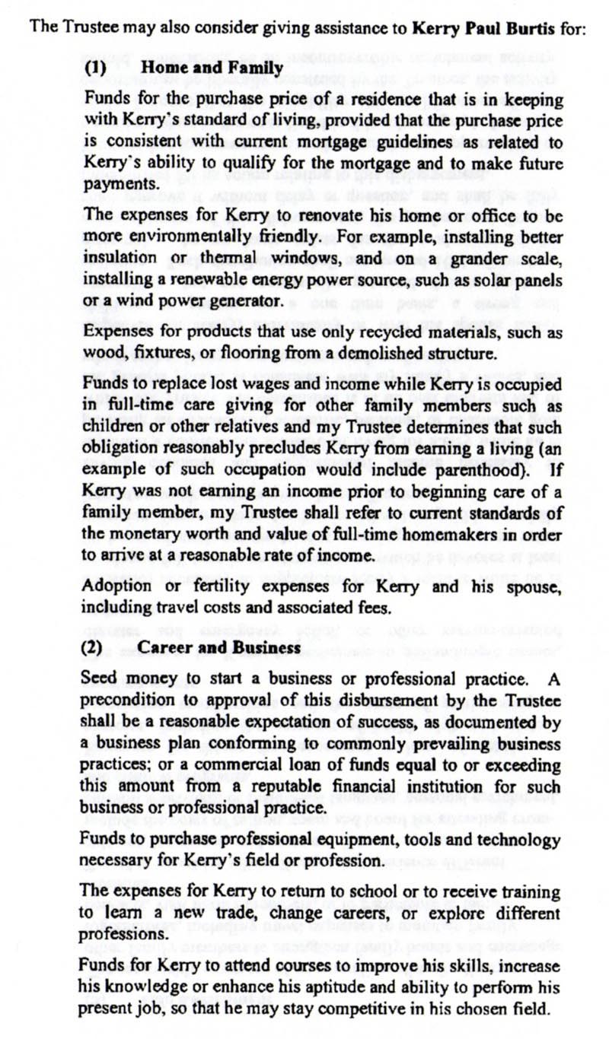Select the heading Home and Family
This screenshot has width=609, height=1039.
click(x=212, y=68)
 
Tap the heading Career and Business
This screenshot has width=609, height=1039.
click(x=220, y=648)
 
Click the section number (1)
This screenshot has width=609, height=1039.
click(x=94, y=68)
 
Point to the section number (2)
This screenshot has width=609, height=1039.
click(x=94, y=648)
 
